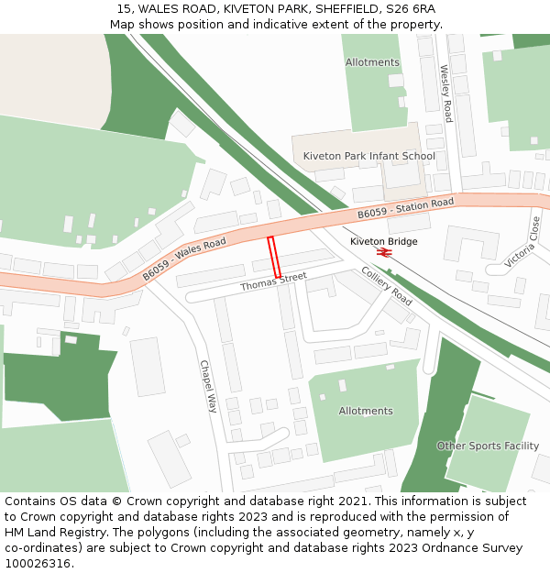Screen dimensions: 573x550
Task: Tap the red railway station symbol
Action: [x=383, y=252]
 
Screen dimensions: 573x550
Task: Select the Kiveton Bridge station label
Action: [x=383, y=241]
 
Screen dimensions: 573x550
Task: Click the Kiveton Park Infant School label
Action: [x=368, y=156]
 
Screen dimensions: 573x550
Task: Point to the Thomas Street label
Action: [x=273, y=281]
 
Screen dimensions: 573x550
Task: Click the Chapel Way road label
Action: [x=208, y=385]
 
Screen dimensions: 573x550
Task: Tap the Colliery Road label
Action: [x=387, y=285]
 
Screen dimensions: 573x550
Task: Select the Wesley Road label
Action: [x=446, y=94]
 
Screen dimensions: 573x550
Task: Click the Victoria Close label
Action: [x=523, y=242]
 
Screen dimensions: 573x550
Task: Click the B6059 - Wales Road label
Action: [x=183, y=259]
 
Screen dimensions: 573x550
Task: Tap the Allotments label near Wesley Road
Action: [x=372, y=62]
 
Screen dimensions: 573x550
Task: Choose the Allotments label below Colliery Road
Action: [x=366, y=411]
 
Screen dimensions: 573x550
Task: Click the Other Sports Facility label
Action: [x=487, y=446]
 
